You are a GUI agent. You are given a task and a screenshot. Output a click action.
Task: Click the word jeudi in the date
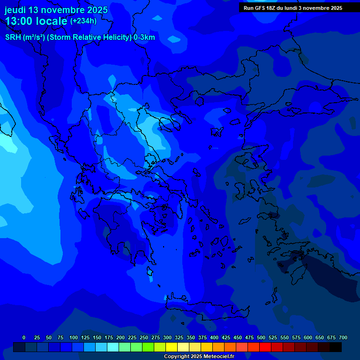[15, 10]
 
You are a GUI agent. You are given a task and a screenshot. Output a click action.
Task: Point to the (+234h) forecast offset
[83, 21]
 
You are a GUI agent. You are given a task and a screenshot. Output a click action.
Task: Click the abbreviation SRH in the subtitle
[13, 37]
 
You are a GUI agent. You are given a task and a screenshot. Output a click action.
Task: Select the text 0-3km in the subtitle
[144, 37]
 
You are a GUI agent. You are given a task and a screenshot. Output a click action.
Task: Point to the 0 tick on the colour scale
[24, 337]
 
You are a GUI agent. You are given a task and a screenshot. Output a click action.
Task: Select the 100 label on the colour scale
[74, 337]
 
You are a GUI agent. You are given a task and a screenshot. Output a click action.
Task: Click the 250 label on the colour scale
[144, 337]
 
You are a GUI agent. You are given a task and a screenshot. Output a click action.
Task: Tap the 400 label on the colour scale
[214, 337]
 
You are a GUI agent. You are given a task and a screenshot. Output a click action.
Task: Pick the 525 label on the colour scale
[273, 337]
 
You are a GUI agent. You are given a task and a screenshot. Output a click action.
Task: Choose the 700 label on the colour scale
[343, 337]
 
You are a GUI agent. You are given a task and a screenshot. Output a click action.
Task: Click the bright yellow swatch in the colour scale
[172, 347]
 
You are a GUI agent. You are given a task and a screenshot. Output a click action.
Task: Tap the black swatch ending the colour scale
[336, 347]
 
